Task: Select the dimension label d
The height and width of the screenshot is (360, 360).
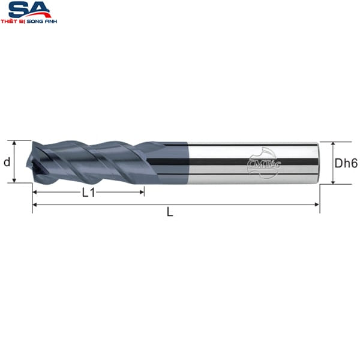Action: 7,163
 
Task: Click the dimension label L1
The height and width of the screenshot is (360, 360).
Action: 88,193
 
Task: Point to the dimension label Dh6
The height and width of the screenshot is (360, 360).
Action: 346,163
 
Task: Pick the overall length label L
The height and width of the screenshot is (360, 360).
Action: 170,212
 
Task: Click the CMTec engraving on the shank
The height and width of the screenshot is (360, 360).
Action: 264,163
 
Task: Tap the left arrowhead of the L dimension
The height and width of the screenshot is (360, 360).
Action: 34,205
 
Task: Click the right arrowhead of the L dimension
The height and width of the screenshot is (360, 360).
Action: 317,205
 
